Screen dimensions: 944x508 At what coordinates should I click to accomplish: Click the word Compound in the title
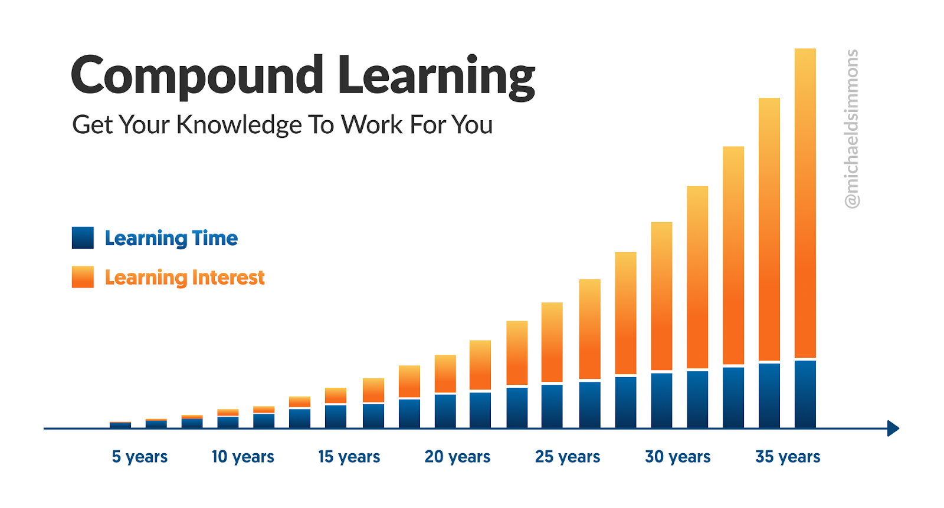(x=197, y=76)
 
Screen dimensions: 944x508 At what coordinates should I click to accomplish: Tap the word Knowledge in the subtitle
(x=239, y=125)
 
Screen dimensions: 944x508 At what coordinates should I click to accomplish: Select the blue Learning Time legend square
(x=83, y=238)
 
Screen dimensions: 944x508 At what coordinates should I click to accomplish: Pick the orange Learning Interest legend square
(x=83, y=277)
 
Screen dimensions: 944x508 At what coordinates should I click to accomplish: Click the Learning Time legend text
(x=171, y=239)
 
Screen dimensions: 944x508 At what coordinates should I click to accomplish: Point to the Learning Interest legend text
(x=185, y=278)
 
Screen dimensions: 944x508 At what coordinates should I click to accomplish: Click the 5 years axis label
(x=139, y=457)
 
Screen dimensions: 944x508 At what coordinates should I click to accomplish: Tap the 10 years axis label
(x=242, y=457)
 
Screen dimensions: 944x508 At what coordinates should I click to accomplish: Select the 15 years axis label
(x=349, y=457)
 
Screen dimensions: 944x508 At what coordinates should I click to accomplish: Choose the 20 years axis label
(x=457, y=457)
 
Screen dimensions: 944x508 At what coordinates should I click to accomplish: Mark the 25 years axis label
(x=567, y=457)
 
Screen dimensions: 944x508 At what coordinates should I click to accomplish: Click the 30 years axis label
(x=678, y=457)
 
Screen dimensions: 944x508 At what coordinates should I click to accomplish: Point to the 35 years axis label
(x=788, y=457)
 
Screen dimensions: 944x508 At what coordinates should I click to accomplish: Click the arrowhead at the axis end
(x=893, y=428)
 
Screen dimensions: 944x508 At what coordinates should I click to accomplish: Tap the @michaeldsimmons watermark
(x=852, y=129)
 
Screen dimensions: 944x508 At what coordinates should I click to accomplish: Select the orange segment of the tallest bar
(x=805, y=203)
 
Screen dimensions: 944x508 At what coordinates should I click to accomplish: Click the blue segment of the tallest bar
(x=805, y=394)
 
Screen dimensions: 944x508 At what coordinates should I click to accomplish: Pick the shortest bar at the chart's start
(x=120, y=425)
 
